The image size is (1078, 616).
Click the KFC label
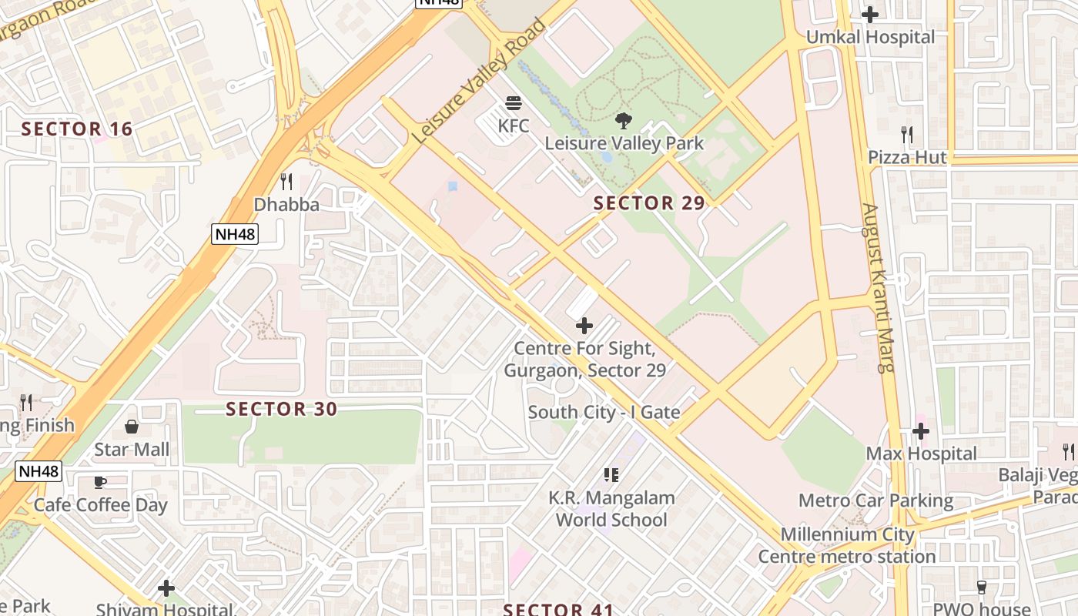[x=514, y=125]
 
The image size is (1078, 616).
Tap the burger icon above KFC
[x=514, y=103]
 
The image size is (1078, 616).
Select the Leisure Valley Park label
[x=624, y=143]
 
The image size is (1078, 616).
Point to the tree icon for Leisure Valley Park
[x=624, y=120]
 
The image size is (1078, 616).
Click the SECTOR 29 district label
[x=649, y=203]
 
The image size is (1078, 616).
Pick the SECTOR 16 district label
[x=77, y=129]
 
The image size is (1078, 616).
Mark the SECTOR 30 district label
[x=282, y=409]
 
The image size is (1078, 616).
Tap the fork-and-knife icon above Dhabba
[x=286, y=182]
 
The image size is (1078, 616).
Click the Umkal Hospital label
[x=870, y=37]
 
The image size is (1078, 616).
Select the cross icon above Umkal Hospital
[x=870, y=15]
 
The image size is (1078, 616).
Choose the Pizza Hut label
[x=907, y=157]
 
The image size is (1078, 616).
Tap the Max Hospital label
[x=921, y=454]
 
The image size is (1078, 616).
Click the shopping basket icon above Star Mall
[x=132, y=427]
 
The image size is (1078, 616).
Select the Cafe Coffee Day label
[x=100, y=505]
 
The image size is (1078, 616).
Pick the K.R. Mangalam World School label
[x=611, y=509]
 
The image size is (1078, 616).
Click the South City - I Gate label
[x=604, y=412]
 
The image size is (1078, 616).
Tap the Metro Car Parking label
[x=875, y=500]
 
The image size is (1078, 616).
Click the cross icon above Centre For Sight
[x=584, y=326]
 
